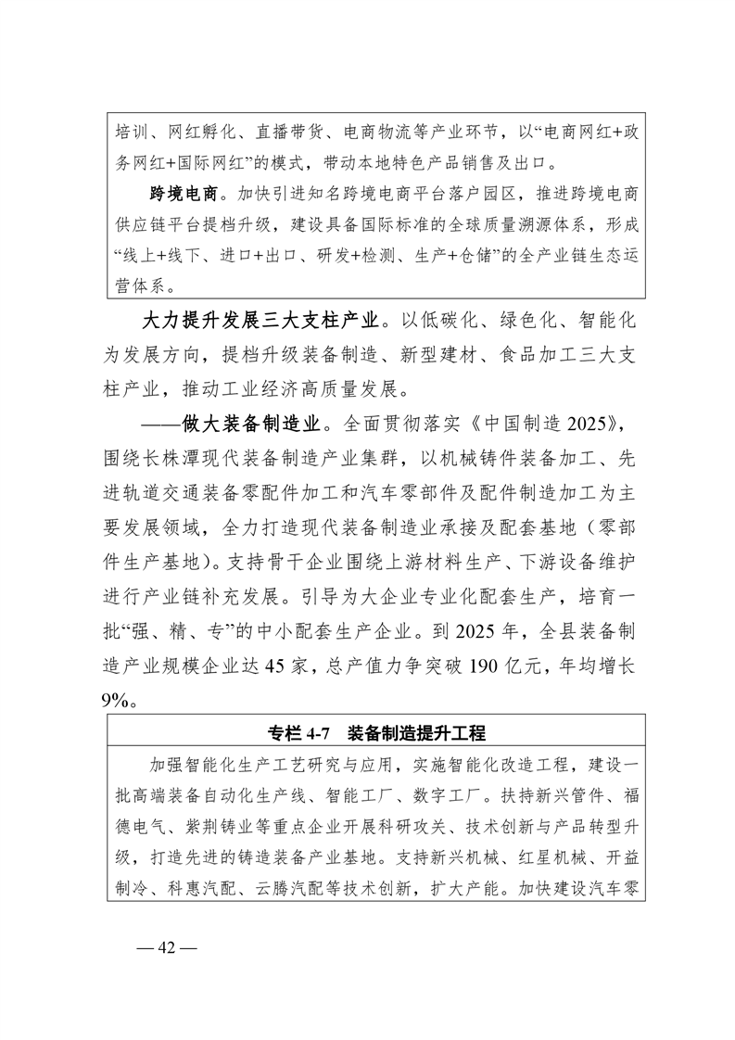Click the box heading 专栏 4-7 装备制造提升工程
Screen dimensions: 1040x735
pos(376,733)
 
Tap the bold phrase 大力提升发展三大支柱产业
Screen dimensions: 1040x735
pos(262,322)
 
